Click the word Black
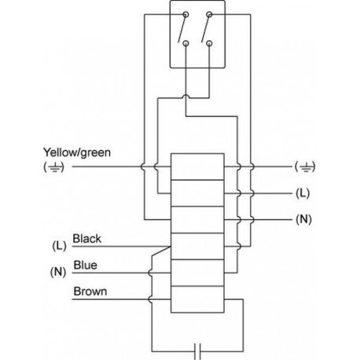point(86,239)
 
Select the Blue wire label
point(85,265)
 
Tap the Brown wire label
point(90,292)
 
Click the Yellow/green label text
point(77,152)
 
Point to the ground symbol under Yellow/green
point(53,167)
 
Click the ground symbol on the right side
point(305,167)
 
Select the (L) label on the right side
point(303,193)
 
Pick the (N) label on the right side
point(303,219)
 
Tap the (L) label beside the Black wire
point(59,246)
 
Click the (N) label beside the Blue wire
point(58,272)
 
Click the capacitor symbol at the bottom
point(197,351)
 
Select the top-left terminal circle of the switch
point(186,14)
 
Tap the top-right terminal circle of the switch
point(209,14)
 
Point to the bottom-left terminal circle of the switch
point(186,43)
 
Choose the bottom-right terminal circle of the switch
point(209,43)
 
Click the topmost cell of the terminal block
point(197,167)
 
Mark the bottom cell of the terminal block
point(197,299)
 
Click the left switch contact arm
point(182,28)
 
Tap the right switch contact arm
point(206,28)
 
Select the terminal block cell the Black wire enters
point(197,246)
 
